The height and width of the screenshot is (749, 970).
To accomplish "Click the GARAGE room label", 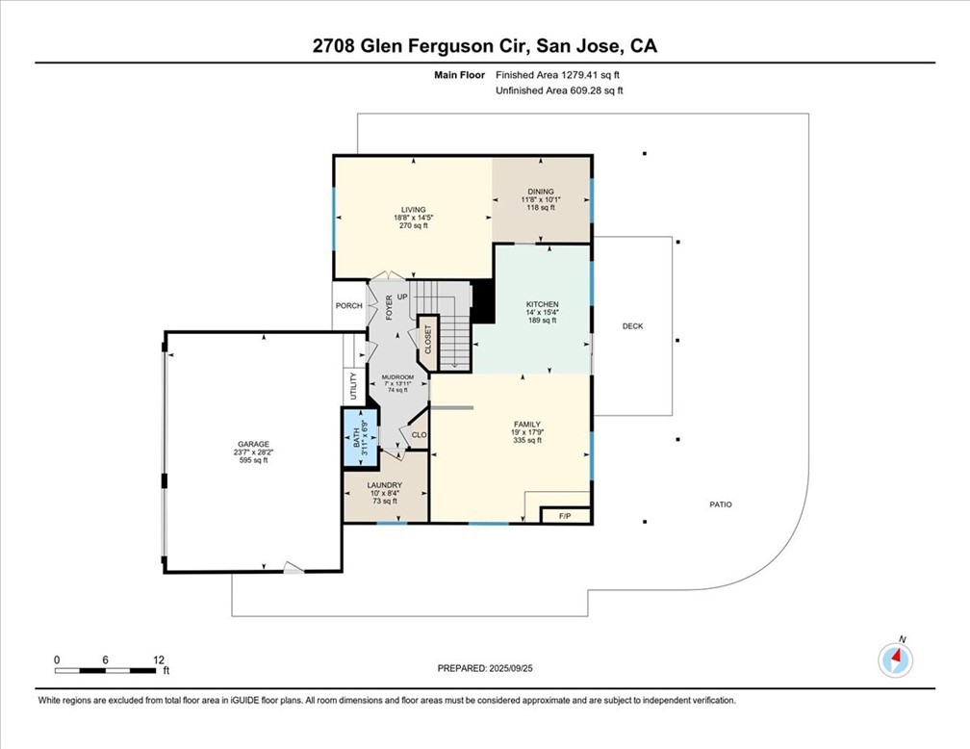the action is click(x=254, y=444).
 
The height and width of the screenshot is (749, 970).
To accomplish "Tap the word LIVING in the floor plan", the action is click(x=413, y=210).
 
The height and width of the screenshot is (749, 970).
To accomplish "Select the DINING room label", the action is click(x=541, y=192).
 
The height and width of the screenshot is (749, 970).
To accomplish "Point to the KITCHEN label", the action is click(x=543, y=304).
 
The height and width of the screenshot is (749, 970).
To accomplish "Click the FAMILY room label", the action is click(x=527, y=425).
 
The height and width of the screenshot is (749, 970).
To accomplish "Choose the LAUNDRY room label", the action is click(x=385, y=485).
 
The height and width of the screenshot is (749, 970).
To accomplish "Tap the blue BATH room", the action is click(x=360, y=437).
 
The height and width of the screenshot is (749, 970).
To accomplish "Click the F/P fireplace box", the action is click(x=566, y=516).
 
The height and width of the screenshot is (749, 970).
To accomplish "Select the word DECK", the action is click(x=633, y=326).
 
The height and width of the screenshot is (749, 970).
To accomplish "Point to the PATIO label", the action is click(x=721, y=504).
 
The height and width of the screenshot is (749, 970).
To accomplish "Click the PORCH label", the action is click(x=349, y=306).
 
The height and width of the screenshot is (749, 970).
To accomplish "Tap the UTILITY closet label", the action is click(x=354, y=386).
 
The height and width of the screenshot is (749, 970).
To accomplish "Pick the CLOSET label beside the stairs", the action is click(x=427, y=340).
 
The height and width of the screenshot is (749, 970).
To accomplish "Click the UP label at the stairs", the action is click(x=402, y=297).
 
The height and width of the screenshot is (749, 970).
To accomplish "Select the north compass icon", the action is click(x=895, y=659).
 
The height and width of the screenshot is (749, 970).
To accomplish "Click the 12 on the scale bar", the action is click(x=159, y=659).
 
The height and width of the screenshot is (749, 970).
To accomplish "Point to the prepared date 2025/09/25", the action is click(x=511, y=668).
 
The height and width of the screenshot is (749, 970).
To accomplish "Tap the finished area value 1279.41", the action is click(x=578, y=75).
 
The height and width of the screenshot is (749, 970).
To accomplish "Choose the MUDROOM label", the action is click(x=397, y=377).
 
